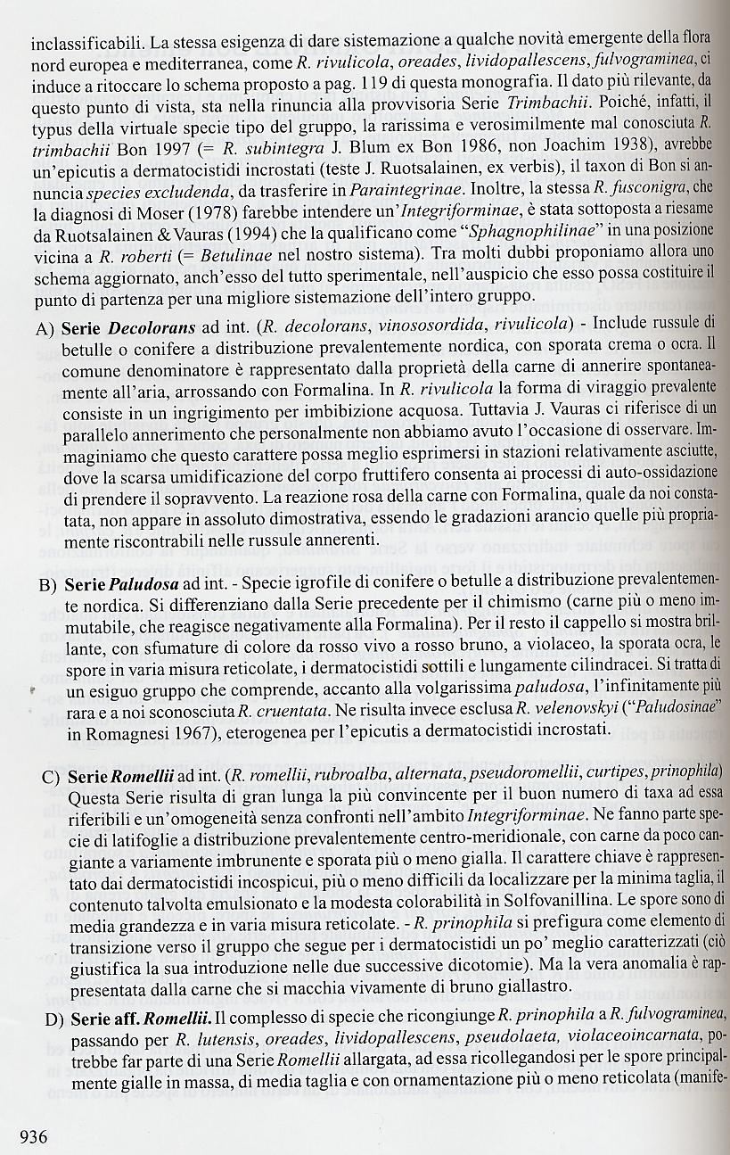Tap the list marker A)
point(47,328)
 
